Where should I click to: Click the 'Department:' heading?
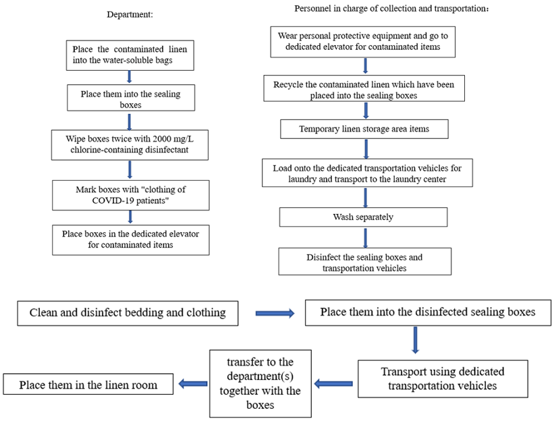[x=130, y=14]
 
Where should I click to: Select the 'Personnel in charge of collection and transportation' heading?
[x=391, y=9]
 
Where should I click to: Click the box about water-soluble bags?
[x=130, y=55]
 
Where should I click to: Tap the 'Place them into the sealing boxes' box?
[x=131, y=98]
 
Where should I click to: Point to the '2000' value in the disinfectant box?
[x=162, y=139]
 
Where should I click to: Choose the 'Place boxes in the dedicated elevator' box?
[x=131, y=240]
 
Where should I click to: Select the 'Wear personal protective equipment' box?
[x=363, y=42]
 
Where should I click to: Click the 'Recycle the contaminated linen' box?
[x=364, y=88]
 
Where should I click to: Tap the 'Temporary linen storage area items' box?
[x=364, y=129]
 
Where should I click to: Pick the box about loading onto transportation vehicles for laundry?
[x=367, y=173]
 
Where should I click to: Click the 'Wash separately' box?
[x=363, y=217]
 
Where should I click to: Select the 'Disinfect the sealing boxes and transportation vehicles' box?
[x=364, y=261]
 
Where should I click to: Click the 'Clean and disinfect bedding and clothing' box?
[x=128, y=313]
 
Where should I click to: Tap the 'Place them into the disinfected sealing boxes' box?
[x=428, y=312]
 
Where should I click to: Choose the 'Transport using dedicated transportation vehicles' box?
[x=443, y=378]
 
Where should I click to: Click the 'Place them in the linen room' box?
[x=88, y=384]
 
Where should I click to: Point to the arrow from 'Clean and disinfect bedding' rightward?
[x=275, y=313]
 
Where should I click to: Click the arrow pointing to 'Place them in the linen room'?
[x=193, y=384]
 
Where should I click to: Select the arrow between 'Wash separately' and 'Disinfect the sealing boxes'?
[x=365, y=237]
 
